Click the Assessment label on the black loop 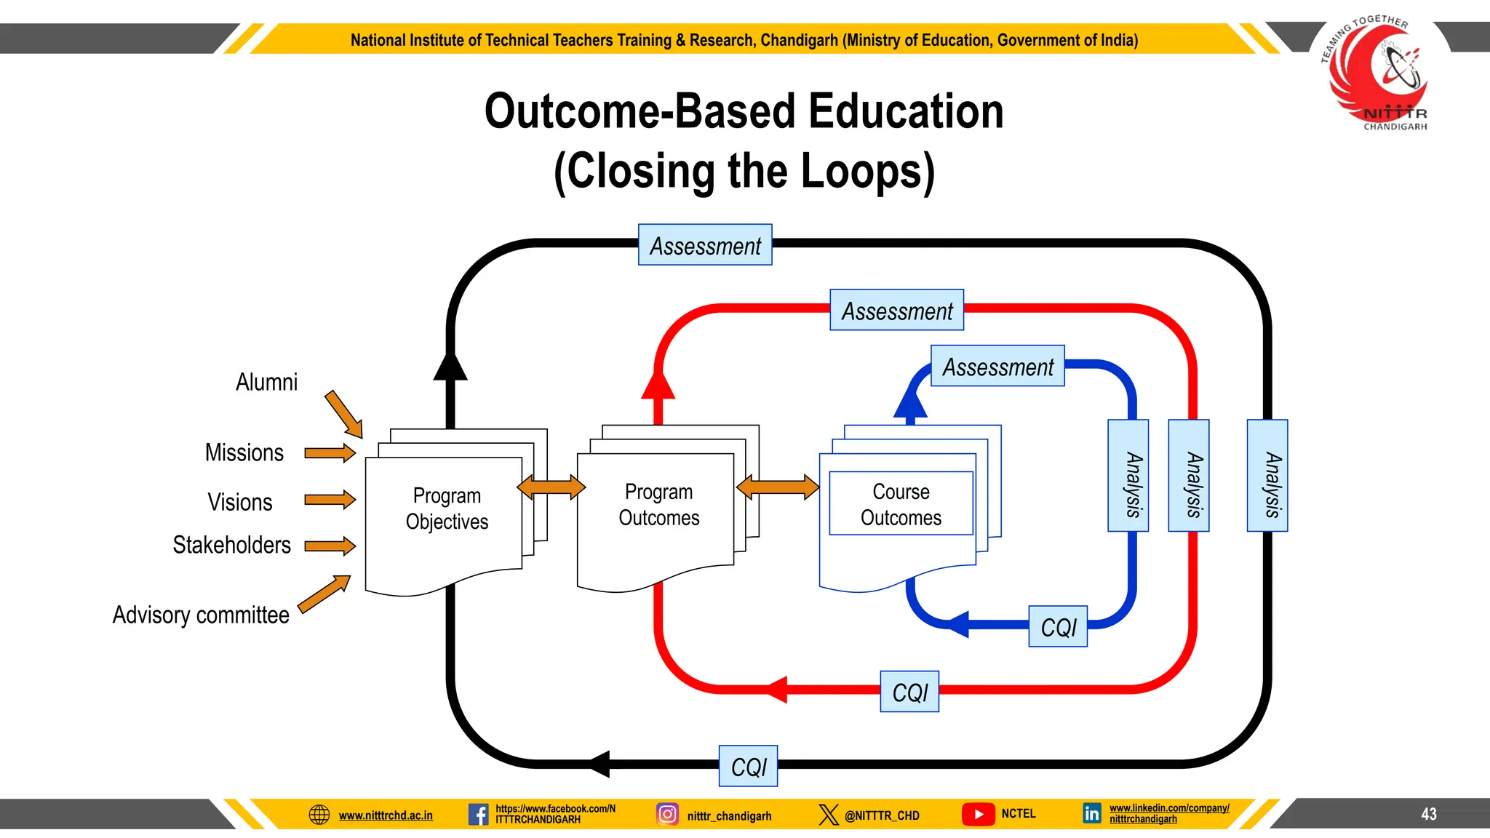(x=705, y=245)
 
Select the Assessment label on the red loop (x=897, y=311)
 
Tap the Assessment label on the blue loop (x=997, y=367)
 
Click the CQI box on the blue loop (x=1058, y=627)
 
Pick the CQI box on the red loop (x=909, y=692)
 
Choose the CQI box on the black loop (x=749, y=767)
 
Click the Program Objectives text (x=447, y=508)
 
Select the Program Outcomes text (x=658, y=505)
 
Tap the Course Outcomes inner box (x=901, y=504)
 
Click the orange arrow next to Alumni (x=343, y=414)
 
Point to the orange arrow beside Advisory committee (x=324, y=594)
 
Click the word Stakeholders (x=231, y=545)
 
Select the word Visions (x=239, y=502)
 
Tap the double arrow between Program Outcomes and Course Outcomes (x=777, y=487)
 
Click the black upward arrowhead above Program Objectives (x=450, y=366)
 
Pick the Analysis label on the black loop (x=1267, y=476)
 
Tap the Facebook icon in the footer (x=478, y=814)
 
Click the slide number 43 (x=1428, y=814)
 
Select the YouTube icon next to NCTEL (x=979, y=814)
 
